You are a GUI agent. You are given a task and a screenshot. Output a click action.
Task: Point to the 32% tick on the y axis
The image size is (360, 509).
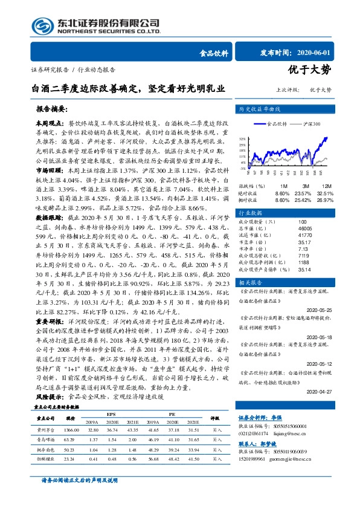(242, 138)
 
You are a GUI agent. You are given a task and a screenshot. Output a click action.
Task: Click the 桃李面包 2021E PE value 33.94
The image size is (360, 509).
(193, 450)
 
